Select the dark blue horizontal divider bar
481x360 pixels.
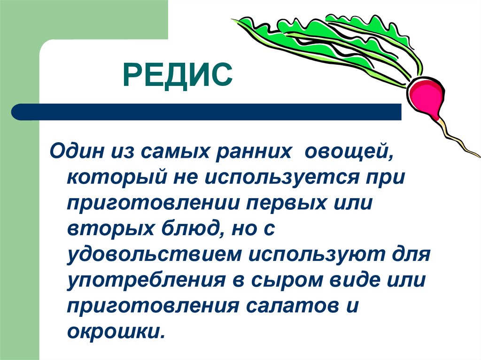coord(207,112)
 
